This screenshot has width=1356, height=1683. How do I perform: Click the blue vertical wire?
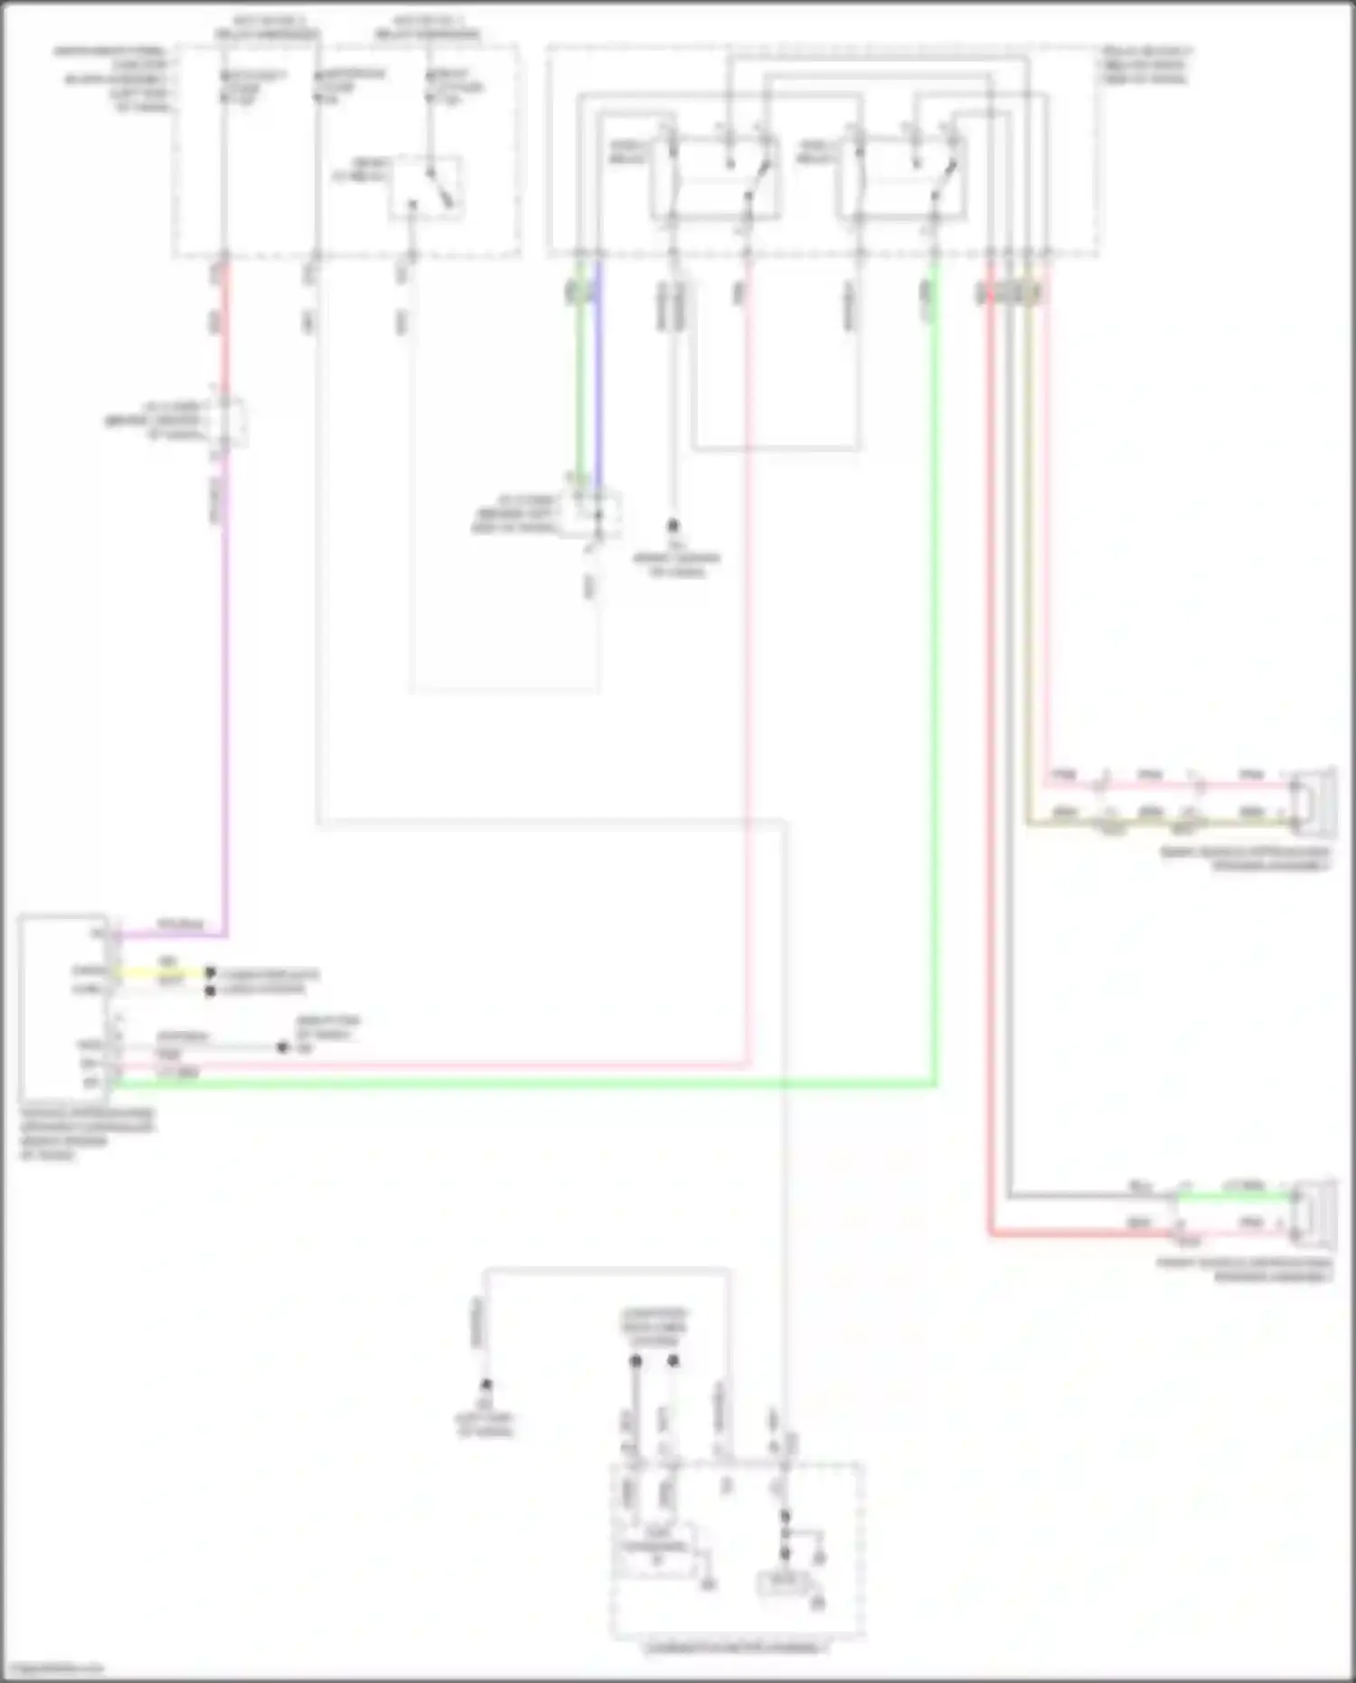pos(598,380)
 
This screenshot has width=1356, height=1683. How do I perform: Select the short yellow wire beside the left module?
pos(163,973)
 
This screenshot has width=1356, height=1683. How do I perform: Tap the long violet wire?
pos(224,705)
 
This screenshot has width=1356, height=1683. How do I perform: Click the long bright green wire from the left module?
pos(542,1083)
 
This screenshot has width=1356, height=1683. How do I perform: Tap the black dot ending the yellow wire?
pos(210,973)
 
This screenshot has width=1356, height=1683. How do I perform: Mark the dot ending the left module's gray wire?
pos(283,1047)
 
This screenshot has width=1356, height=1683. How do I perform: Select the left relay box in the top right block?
pos(714,176)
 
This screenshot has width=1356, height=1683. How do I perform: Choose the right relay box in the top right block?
pos(901,176)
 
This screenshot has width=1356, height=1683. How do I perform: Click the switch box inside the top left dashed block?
pos(426,187)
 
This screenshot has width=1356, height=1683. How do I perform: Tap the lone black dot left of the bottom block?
pos(485,1385)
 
